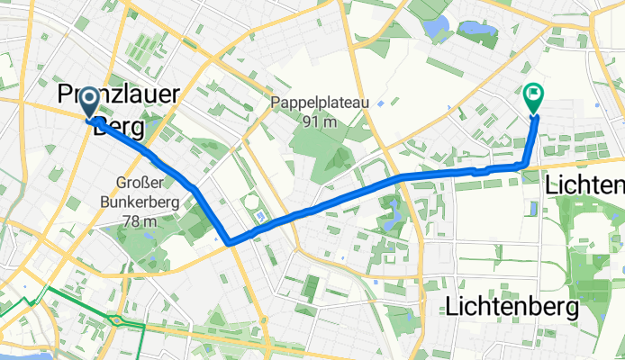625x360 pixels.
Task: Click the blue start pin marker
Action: click(92, 103)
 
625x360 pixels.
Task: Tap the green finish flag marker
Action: click(533, 94)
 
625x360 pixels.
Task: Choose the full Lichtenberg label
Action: click(512, 307)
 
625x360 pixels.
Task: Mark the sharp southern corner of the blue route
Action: click(230, 241)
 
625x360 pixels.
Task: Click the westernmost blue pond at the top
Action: click(440, 29)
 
